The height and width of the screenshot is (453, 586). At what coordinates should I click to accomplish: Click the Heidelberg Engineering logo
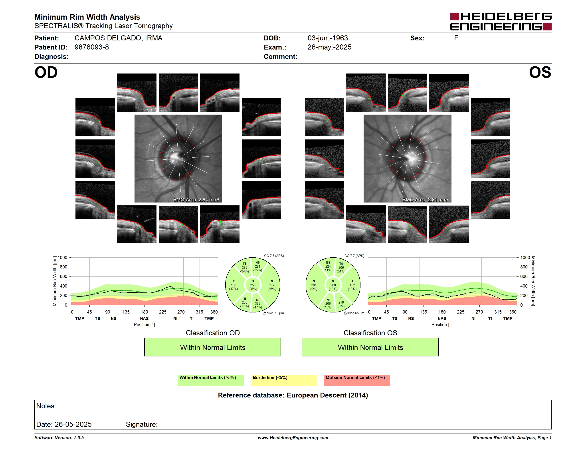pos(501,22)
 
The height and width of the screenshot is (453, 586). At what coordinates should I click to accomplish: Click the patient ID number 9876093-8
pos(92,47)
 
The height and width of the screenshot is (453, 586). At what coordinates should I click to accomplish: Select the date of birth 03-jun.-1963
pos(328,38)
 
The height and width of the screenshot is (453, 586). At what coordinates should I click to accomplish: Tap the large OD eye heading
pos(46,72)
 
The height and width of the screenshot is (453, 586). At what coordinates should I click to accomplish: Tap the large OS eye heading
pos(540,72)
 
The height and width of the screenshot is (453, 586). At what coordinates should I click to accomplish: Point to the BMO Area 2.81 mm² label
pos(425,200)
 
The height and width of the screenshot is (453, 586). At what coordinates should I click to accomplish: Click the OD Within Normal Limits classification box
pos(212,347)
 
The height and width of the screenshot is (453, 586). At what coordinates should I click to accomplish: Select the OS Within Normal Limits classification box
pos(370,347)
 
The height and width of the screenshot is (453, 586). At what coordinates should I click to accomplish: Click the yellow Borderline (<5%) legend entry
pos(284,380)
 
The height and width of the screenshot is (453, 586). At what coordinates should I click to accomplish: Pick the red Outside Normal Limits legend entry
pos(357,380)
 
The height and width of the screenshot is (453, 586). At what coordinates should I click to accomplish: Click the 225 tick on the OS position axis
pos(460,312)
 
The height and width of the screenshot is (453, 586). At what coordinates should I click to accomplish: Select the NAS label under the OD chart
pos(144,318)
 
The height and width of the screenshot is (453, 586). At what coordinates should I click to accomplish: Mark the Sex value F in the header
pos(456,38)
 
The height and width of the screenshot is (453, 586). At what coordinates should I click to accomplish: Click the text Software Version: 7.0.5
pos(59,438)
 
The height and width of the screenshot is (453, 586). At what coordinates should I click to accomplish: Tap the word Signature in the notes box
pos(142,424)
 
